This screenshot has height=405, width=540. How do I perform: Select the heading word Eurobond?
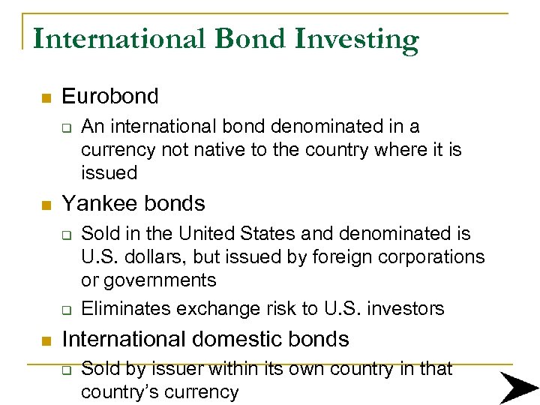tap(110, 96)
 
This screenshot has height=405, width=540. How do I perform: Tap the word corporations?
tap(429, 256)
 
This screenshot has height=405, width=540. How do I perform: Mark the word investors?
tap(405, 308)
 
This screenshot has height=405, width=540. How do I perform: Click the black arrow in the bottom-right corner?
tap(518, 387)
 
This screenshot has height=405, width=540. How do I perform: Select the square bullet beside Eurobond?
tap(46, 98)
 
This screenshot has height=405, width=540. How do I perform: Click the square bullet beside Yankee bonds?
tap(46, 205)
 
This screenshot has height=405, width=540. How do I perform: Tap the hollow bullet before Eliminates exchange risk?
tap(65, 310)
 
